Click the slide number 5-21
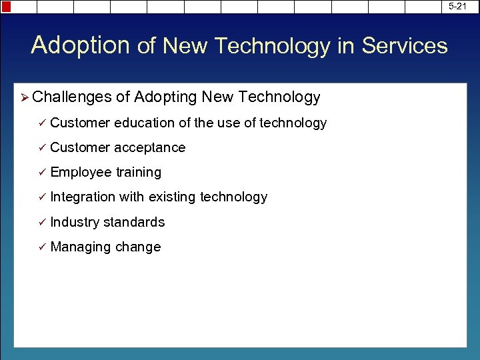click(457, 6)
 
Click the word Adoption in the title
click(80, 45)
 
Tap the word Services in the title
click(405, 46)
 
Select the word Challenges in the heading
click(72, 97)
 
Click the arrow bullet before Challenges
click(25, 98)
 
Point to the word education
click(145, 123)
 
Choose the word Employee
click(81, 172)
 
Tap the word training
click(139, 172)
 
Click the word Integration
click(83, 197)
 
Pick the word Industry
click(75, 222)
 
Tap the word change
click(138, 247)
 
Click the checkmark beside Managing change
click(41, 247)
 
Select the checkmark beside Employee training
click(41, 172)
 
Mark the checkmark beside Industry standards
click(41, 222)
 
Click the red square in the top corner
click(6, 7)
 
